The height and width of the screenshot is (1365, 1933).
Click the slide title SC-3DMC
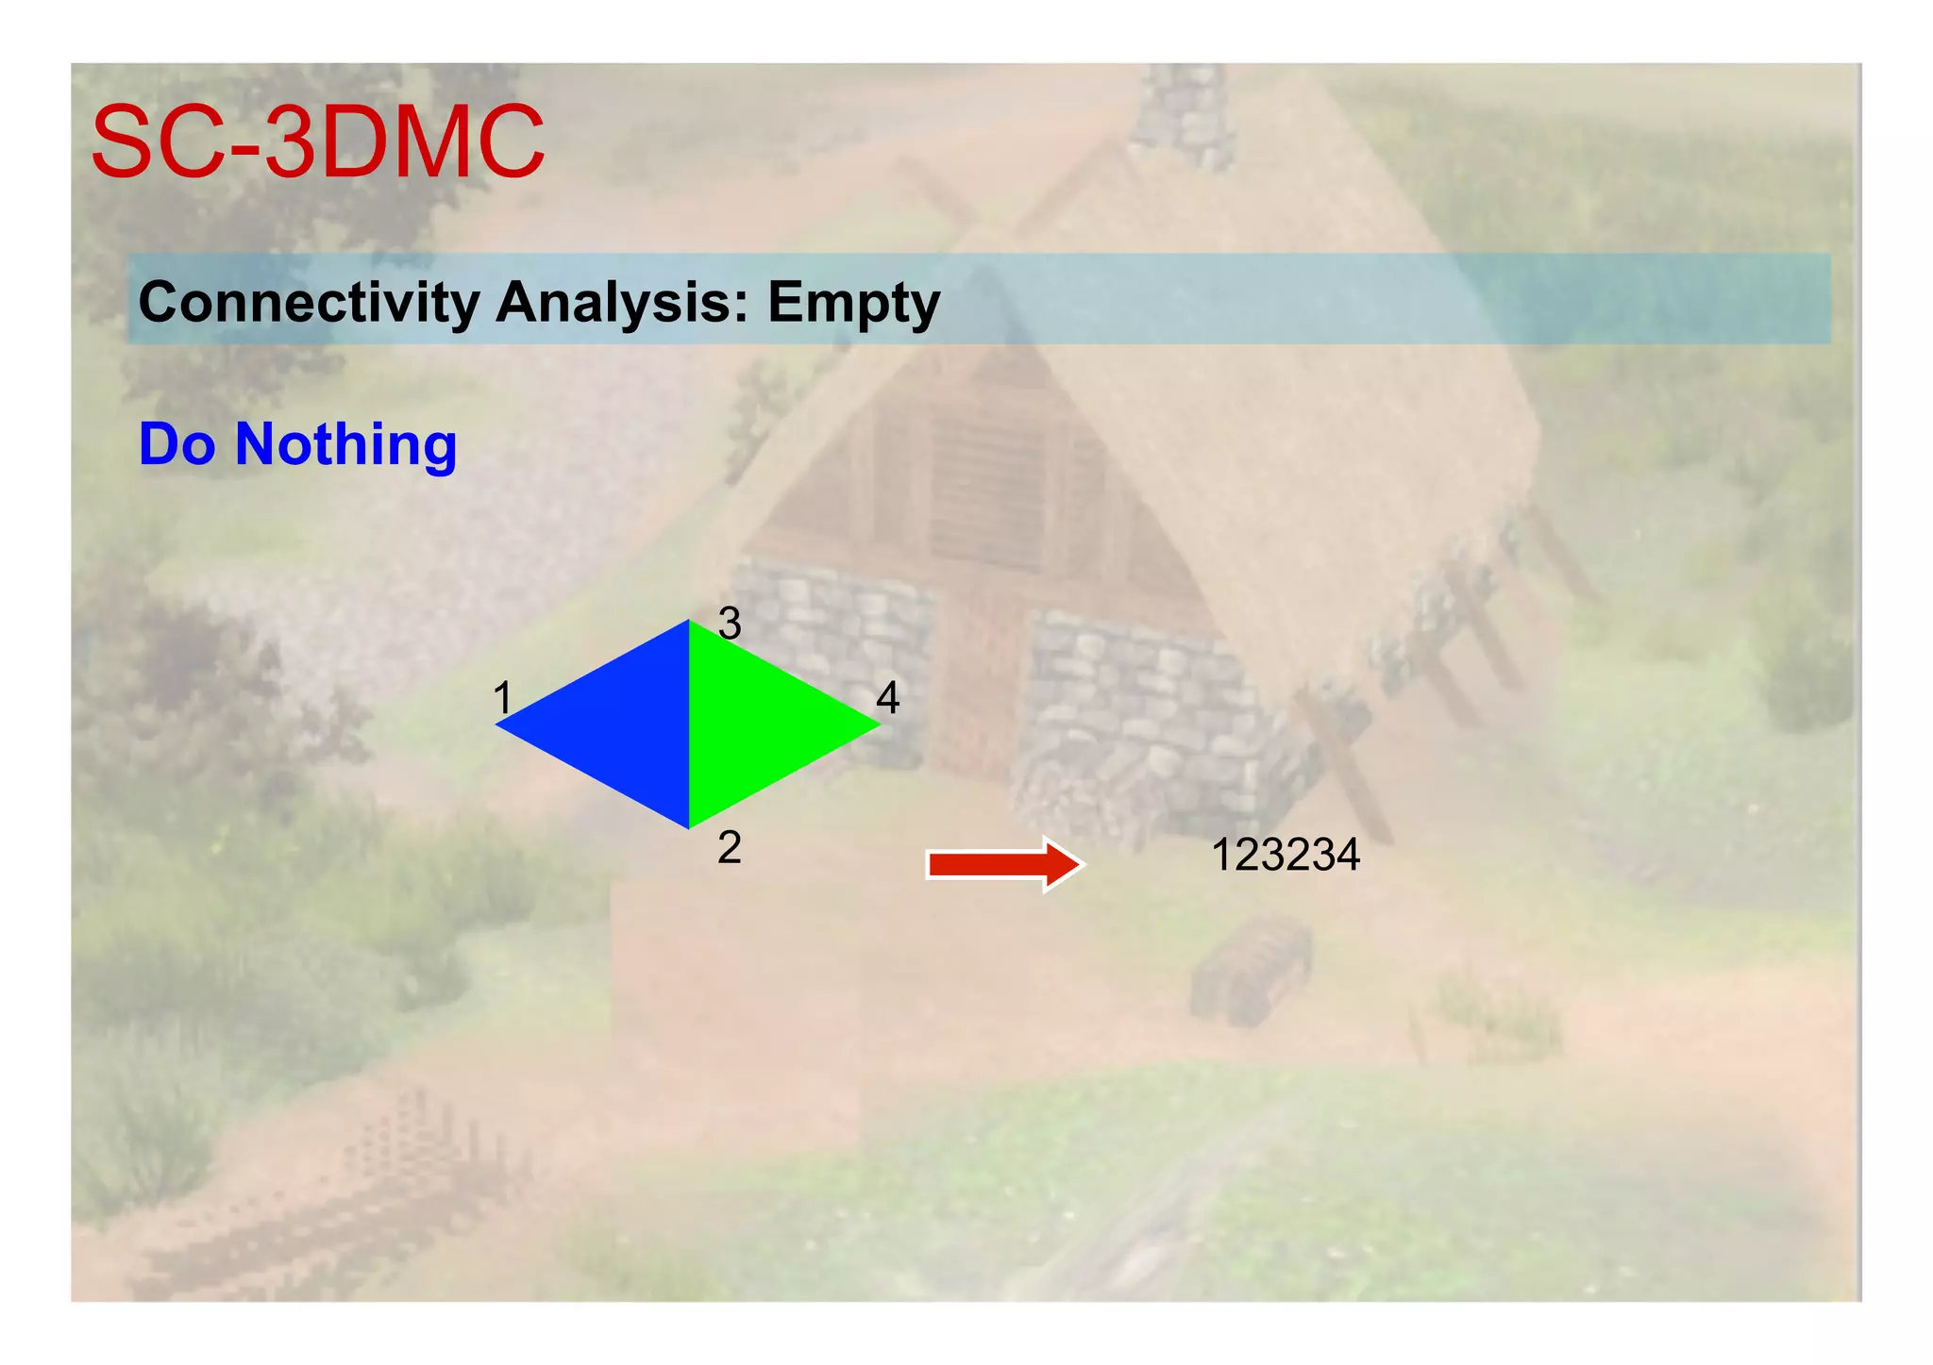[318, 142]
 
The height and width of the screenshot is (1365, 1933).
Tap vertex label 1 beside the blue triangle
[502, 699]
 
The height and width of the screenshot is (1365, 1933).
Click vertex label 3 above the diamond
[730, 624]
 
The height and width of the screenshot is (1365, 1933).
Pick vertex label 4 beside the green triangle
[887, 698]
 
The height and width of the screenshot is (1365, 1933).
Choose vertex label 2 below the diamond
[729, 848]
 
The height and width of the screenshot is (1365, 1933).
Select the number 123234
[1285, 856]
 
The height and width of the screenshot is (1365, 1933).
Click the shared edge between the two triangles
[689, 724]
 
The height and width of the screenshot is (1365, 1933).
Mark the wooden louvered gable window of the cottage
[986, 491]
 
